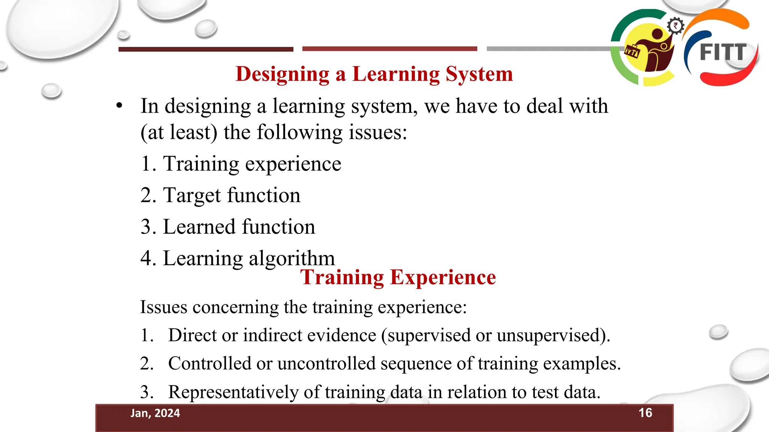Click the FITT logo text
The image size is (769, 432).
[723, 52]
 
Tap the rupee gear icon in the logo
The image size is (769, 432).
[676, 26]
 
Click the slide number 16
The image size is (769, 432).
[645, 412]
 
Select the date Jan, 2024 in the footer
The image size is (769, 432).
[155, 413]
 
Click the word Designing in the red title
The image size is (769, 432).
[282, 74]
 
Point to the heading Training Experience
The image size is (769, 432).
[398, 277]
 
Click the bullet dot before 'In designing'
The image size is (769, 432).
[119, 105]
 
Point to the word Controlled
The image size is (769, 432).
[210, 363]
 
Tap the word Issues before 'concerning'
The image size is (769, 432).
[164, 307]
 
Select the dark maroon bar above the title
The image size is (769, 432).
[206, 49]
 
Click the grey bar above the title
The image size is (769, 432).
[548, 49]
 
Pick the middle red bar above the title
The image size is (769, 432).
[389, 49]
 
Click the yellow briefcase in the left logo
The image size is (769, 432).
[632, 51]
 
